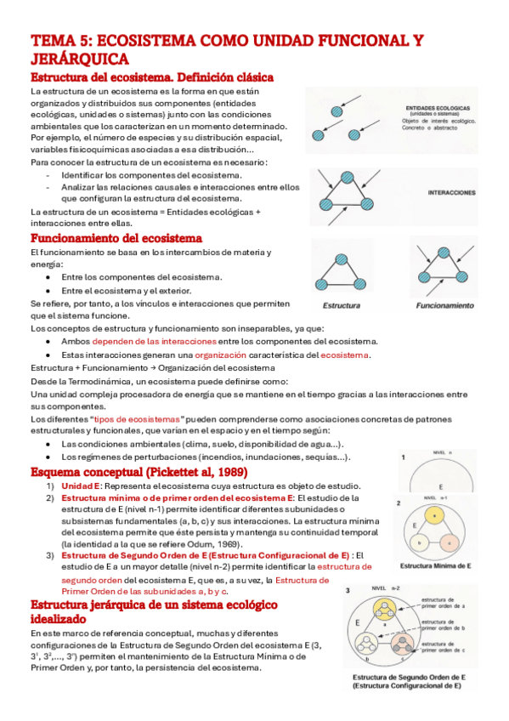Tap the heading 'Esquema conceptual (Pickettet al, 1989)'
[x=139, y=470]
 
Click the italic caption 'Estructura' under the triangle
[x=342, y=304]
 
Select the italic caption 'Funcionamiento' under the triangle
[x=444, y=304]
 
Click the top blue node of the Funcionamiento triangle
[x=441, y=252]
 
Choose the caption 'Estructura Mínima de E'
[x=435, y=565]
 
